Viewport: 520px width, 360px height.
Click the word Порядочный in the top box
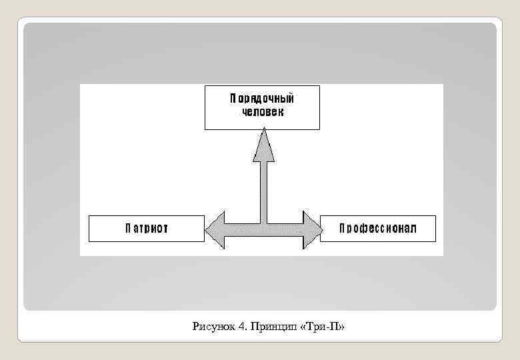click(262, 99)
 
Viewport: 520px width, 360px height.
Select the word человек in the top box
click(262, 112)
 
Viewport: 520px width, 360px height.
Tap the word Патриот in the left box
click(147, 229)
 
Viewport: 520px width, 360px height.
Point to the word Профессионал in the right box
click(378, 229)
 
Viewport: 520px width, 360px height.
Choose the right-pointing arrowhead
click(312, 230)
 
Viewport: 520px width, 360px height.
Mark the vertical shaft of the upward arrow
click(263, 190)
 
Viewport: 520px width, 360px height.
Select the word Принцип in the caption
click(272, 326)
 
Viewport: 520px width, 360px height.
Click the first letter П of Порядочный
click(233, 99)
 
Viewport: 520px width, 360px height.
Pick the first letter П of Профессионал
click(343, 229)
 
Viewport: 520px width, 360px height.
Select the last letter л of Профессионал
click(413, 229)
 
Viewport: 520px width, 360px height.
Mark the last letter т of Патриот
click(165, 229)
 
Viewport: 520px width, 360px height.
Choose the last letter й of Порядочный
click(291, 99)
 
